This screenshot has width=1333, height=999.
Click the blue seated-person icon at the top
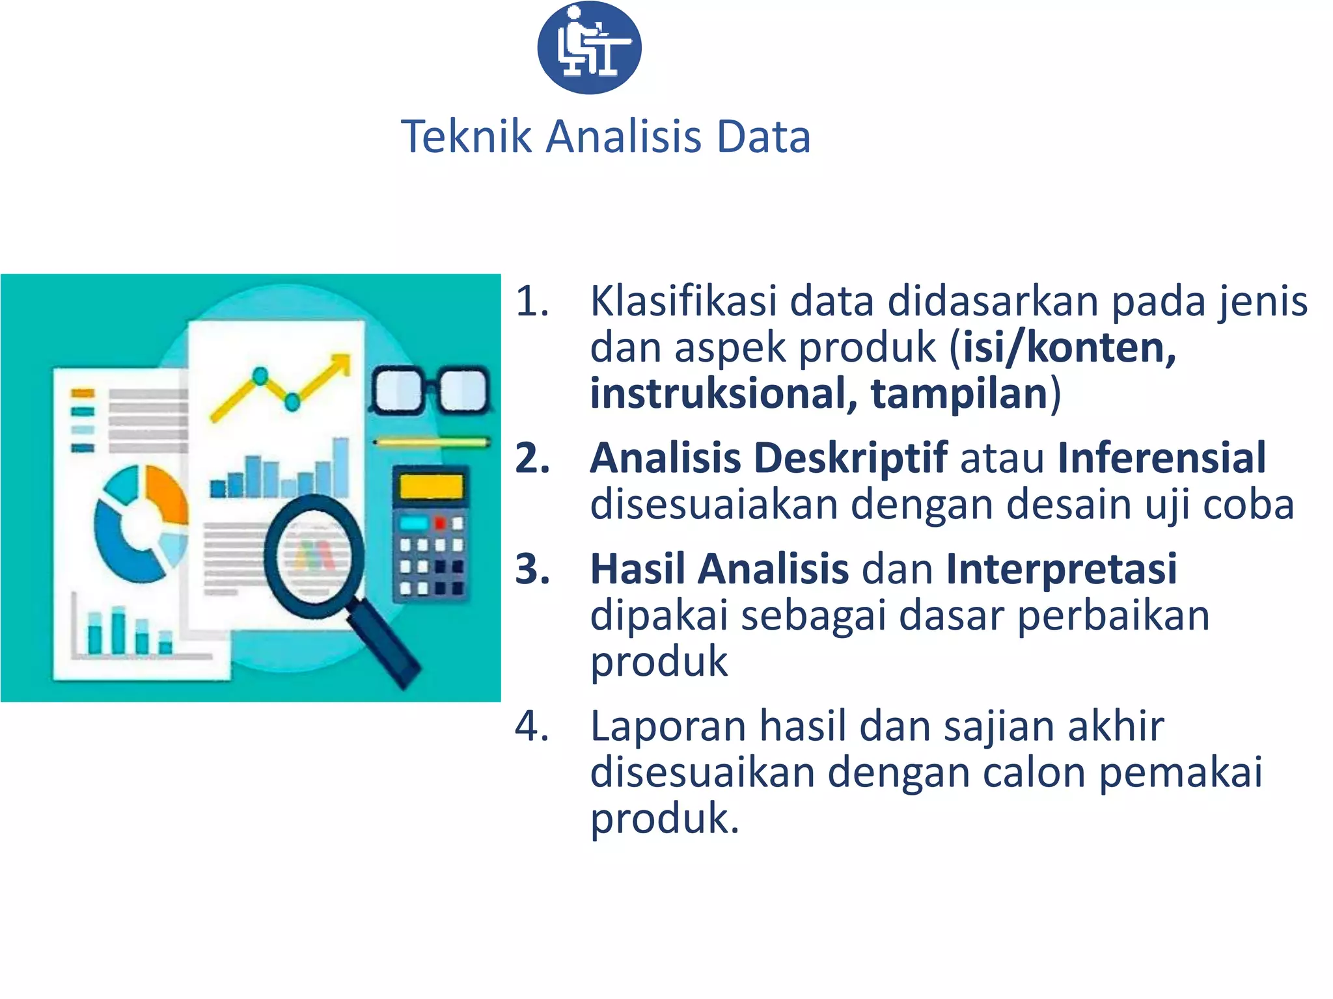[589, 47]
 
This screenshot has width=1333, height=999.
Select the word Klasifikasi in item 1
[683, 302]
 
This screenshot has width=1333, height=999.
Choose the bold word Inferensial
[1162, 457]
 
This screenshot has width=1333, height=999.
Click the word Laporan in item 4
[668, 726]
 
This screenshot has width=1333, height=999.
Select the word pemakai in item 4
[1181, 773]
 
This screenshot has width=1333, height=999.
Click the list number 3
[532, 569]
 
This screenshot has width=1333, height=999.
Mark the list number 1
[532, 302]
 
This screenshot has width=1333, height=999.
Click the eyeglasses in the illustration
[430, 391]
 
